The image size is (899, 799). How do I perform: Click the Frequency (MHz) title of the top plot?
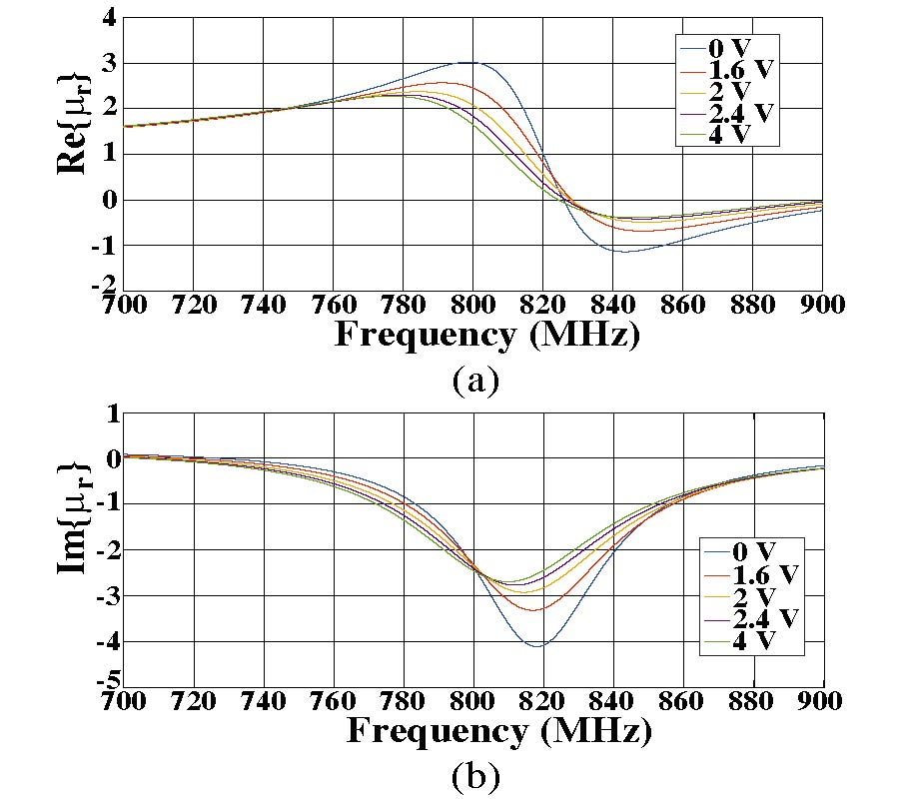click(485, 335)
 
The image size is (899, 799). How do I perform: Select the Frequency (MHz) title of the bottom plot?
click(498, 731)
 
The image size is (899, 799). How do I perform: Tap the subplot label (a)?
click(474, 380)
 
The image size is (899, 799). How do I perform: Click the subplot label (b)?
click(474, 774)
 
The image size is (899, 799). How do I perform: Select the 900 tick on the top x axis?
click(822, 305)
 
